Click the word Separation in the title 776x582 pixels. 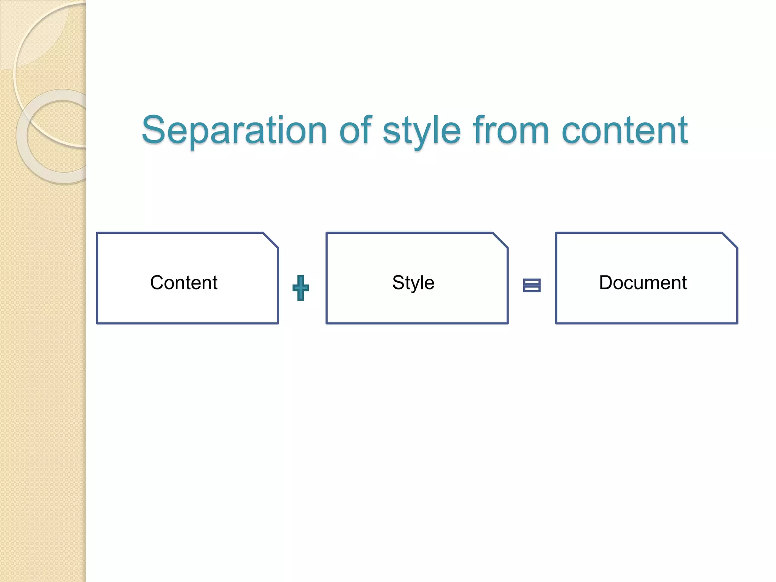pyautogui.click(x=234, y=131)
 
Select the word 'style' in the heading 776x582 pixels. pyautogui.click(x=422, y=131)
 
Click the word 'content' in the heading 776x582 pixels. pyautogui.click(x=624, y=131)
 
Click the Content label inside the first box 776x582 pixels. pyautogui.click(x=184, y=283)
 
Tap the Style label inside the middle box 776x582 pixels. pyautogui.click(x=413, y=283)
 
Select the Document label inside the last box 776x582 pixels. pyautogui.click(x=643, y=283)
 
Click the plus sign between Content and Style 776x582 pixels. pyautogui.click(x=301, y=288)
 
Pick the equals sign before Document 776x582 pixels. pyautogui.click(x=532, y=285)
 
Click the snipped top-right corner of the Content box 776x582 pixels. pyautogui.click(x=271, y=240)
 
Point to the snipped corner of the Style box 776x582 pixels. pyautogui.click(x=500, y=240)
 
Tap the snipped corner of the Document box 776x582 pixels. pyautogui.click(x=730, y=240)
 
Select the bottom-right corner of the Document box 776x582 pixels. pyautogui.click(x=737, y=323)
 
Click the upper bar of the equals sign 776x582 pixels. pyautogui.click(x=532, y=282)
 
